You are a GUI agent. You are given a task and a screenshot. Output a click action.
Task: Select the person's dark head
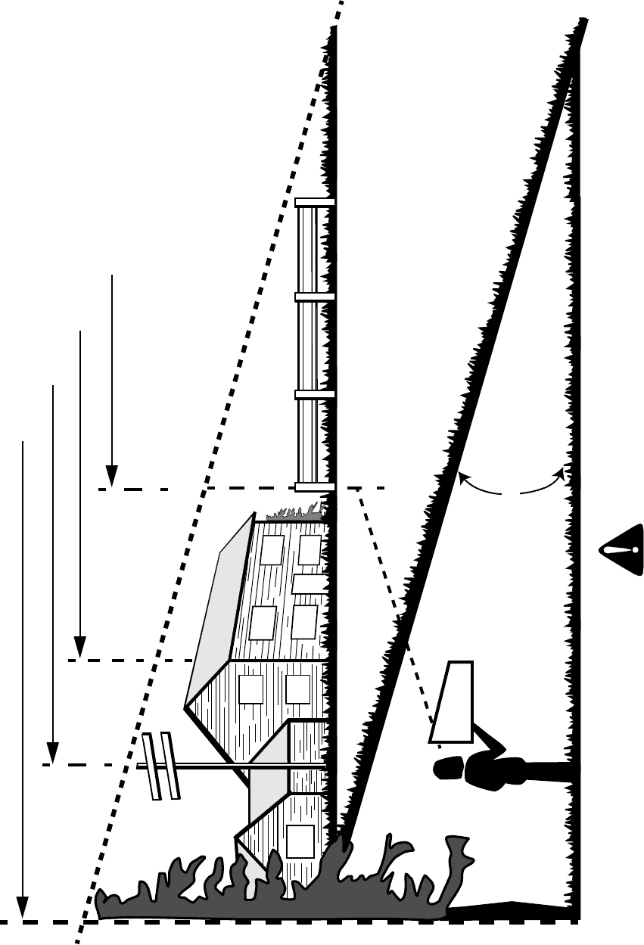point(447,769)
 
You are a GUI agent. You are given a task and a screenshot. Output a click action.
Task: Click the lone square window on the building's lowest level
point(300,841)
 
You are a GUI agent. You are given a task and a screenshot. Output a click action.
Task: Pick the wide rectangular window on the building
point(308,583)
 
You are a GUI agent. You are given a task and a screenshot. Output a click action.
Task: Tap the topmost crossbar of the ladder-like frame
point(315,202)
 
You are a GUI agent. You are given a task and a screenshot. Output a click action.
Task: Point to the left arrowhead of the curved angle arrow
point(461,477)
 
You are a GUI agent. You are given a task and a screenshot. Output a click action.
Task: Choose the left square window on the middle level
point(250,689)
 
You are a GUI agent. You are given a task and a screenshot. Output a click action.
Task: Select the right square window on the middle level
point(298,689)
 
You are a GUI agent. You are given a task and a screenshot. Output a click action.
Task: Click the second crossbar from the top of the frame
point(315,297)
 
